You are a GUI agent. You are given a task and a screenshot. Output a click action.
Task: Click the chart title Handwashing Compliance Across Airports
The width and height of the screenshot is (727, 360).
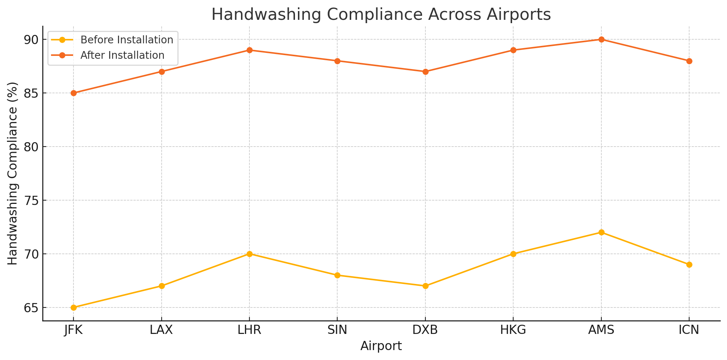[x=381, y=15]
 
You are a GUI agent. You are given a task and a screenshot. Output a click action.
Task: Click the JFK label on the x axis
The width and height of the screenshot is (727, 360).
[x=73, y=330]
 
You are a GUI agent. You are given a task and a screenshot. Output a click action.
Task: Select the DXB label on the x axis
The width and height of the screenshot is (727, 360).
[x=425, y=330]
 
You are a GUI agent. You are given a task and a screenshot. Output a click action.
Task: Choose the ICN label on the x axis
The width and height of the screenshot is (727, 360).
[x=689, y=330]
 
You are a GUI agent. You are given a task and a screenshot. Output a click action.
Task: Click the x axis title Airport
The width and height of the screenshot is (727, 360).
[x=381, y=346]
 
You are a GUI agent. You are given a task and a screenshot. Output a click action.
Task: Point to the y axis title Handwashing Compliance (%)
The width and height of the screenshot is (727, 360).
[x=12, y=173]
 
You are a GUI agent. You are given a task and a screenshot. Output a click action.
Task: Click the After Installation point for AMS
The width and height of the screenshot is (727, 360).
[x=601, y=39]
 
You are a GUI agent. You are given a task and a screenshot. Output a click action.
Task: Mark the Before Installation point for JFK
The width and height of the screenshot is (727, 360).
[x=73, y=307]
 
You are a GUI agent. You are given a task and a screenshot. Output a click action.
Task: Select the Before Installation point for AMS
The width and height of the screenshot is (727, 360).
[x=601, y=232]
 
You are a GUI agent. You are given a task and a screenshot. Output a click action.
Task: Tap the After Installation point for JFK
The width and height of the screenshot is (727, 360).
[x=73, y=93]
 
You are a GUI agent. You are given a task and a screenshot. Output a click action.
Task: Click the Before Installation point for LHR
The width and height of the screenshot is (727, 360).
[x=249, y=254]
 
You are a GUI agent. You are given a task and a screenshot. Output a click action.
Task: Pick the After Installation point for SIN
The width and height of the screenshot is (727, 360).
[x=337, y=61]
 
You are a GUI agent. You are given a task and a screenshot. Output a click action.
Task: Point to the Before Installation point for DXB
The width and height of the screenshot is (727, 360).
[x=425, y=286]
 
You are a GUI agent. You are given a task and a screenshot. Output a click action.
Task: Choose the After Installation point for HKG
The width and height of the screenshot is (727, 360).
[x=513, y=50]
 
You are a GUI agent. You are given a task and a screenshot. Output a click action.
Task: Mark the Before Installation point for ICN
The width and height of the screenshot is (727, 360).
[x=689, y=264]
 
